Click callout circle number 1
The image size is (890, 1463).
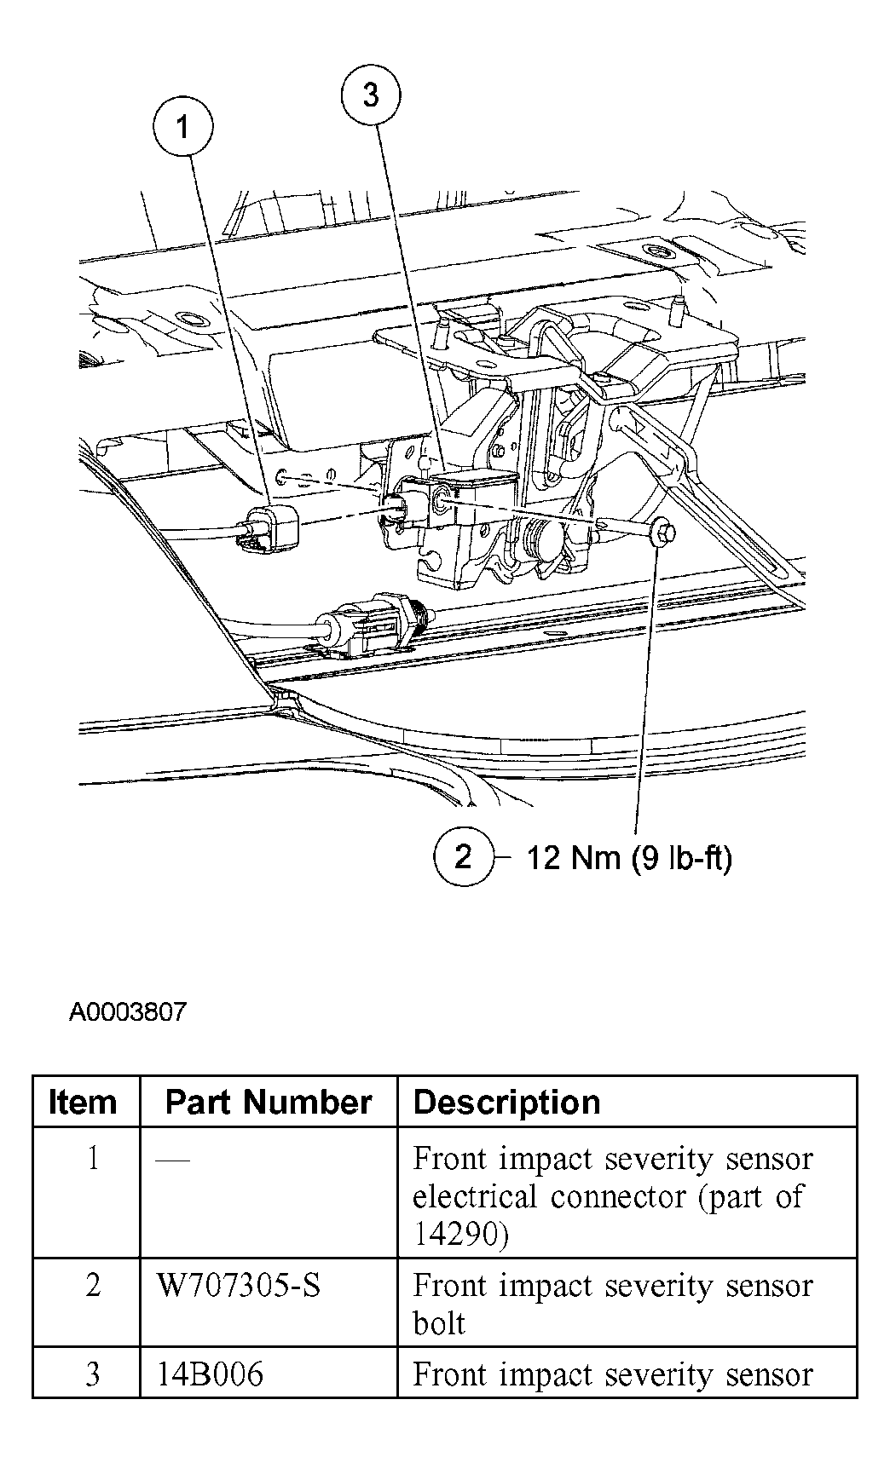click(x=182, y=128)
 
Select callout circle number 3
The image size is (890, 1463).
click(x=370, y=95)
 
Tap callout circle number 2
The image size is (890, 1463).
click(x=463, y=856)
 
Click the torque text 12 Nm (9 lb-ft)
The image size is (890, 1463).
click(x=628, y=857)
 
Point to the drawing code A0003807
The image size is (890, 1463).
click(x=127, y=1012)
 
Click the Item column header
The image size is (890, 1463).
click(x=83, y=1103)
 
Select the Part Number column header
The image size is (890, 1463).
click(x=269, y=1103)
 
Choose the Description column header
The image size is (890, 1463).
click(x=506, y=1103)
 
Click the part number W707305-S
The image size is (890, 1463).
click(x=240, y=1285)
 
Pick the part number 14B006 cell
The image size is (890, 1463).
click(x=211, y=1374)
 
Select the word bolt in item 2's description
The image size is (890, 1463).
click(x=439, y=1323)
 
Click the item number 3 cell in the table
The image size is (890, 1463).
click(x=92, y=1374)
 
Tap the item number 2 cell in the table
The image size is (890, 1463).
click(x=92, y=1285)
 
